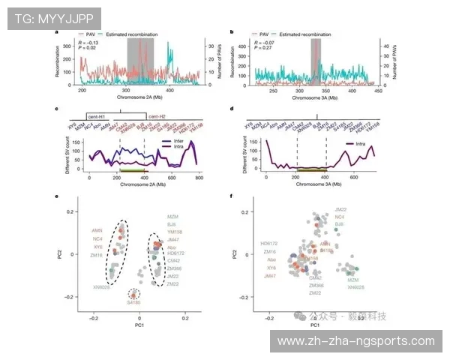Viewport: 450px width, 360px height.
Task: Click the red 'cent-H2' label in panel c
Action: click(x=155, y=117)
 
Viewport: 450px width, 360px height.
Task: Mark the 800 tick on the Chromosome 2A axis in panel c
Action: click(x=199, y=179)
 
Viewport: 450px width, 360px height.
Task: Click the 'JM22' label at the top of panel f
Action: click(x=340, y=209)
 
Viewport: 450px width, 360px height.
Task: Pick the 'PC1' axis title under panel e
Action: click(x=139, y=326)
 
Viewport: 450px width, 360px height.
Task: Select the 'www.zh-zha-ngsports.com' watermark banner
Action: click(x=355, y=341)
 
